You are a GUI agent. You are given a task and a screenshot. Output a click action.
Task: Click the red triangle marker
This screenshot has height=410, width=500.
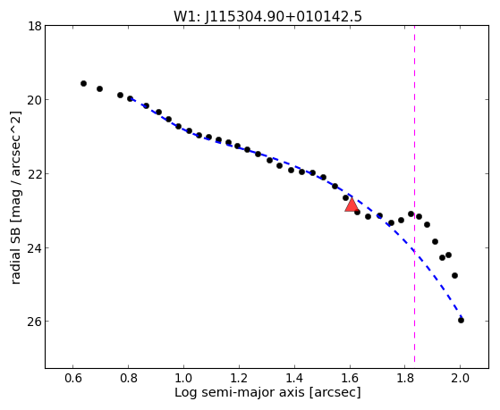[x=352, y=205]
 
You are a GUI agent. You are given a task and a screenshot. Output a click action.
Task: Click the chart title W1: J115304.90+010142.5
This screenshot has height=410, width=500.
[x=267, y=16]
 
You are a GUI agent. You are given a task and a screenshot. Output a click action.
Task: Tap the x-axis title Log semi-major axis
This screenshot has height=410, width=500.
[x=267, y=392]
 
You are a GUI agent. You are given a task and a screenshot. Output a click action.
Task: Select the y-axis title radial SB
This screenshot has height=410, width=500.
[x=15, y=197]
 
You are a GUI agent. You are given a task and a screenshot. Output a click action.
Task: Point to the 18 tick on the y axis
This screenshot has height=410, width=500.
[x=35, y=26]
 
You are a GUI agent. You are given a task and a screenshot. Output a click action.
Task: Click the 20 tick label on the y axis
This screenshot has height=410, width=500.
[x=35, y=100]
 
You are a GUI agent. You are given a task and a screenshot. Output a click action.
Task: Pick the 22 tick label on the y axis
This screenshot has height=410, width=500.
[x=35, y=173]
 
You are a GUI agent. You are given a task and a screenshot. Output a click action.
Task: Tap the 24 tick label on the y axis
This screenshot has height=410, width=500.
[x=35, y=247]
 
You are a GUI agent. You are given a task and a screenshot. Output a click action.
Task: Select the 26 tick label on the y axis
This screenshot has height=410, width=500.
[x=35, y=321]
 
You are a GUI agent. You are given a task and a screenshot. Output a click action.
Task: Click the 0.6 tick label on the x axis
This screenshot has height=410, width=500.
[x=73, y=378]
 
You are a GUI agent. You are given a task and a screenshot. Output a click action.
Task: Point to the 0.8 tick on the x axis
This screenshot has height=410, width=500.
[x=128, y=378]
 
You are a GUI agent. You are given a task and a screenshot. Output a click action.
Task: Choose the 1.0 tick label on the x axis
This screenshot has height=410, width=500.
[x=183, y=378]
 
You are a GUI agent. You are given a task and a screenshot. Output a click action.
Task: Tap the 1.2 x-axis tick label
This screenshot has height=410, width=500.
[x=239, y=378]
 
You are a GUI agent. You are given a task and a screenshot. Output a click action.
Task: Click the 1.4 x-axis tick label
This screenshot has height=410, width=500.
[x=294, y=378]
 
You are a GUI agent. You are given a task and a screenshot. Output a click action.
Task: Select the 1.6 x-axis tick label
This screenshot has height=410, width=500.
[x=350, y=378]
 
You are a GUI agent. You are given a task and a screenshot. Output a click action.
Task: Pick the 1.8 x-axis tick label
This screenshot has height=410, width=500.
[x=405, y=378]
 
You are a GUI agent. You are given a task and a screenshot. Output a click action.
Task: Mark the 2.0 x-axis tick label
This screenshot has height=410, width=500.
[x=461, y=378]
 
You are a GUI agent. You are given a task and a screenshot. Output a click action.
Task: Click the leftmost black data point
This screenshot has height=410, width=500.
[x=83, y=83]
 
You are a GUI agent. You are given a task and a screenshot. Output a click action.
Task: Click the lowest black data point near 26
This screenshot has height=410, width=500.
[x=461, y=320]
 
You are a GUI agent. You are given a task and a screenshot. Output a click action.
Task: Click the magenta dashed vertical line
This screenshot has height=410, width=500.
[x=414, y=194]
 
